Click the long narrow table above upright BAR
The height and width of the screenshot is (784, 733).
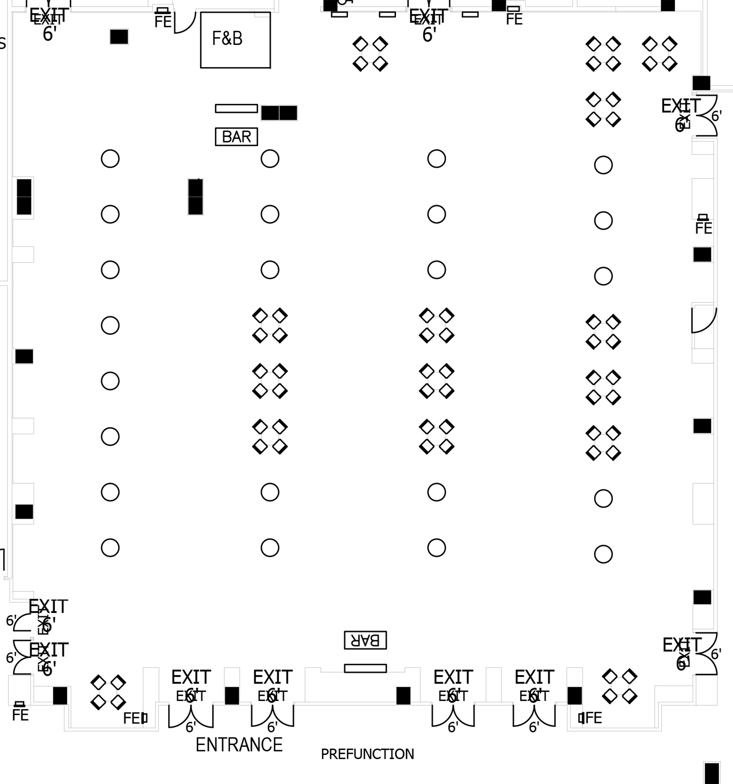coord(236,108)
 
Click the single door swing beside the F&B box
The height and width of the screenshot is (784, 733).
coord(184,22)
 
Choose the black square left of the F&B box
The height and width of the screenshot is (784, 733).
coord(119,37)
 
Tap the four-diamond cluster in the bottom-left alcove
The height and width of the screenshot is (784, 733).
coord(108,692)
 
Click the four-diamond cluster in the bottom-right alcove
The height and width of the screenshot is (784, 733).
coord(619,686)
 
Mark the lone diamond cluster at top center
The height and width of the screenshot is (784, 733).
coord(370,54)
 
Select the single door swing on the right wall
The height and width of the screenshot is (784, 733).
coord(703,319)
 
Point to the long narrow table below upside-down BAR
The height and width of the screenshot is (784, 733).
coord(365,668)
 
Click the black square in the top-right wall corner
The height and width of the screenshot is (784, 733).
coord(701,83)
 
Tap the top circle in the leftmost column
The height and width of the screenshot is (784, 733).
coord(110,159)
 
